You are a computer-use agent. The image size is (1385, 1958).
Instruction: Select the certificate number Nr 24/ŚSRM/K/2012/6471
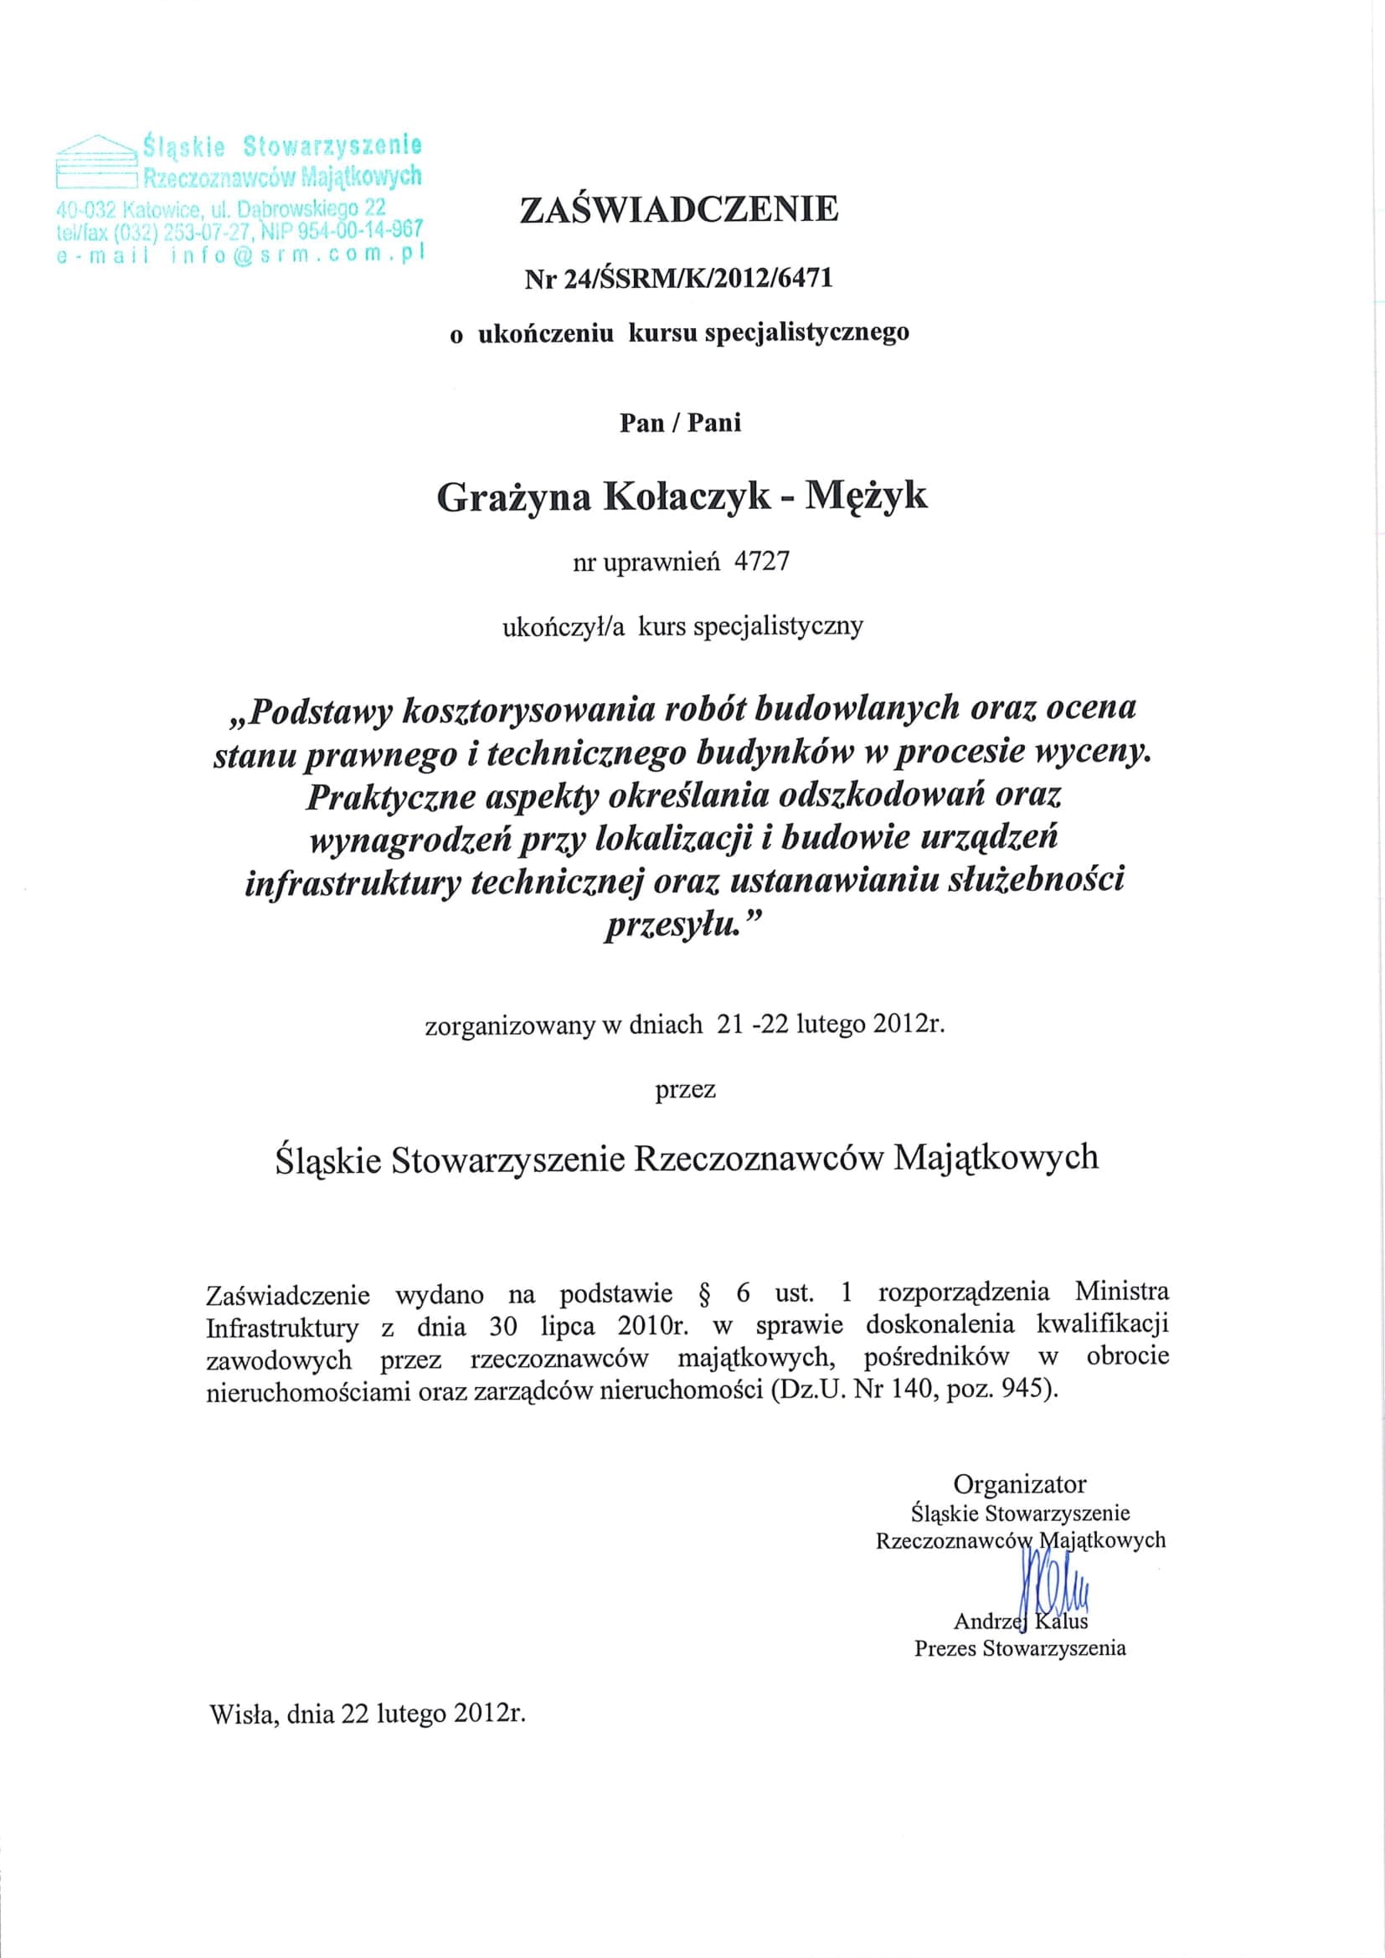click(x=679, y=279)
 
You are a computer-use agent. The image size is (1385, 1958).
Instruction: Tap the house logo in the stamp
click(x=95, y=161)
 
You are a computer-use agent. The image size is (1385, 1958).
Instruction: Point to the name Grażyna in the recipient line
click(x=513, y=497)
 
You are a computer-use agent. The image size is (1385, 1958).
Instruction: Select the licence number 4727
click(x=761, y=562)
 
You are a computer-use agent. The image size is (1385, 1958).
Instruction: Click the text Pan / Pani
click(x=680, y=423)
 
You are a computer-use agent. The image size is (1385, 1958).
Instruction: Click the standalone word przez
click(x=685, y=1089)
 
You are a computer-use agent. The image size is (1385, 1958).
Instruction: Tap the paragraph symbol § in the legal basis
click(x=704, y=1294)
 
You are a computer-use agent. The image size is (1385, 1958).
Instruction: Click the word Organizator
click(x=1019, y=1484)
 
